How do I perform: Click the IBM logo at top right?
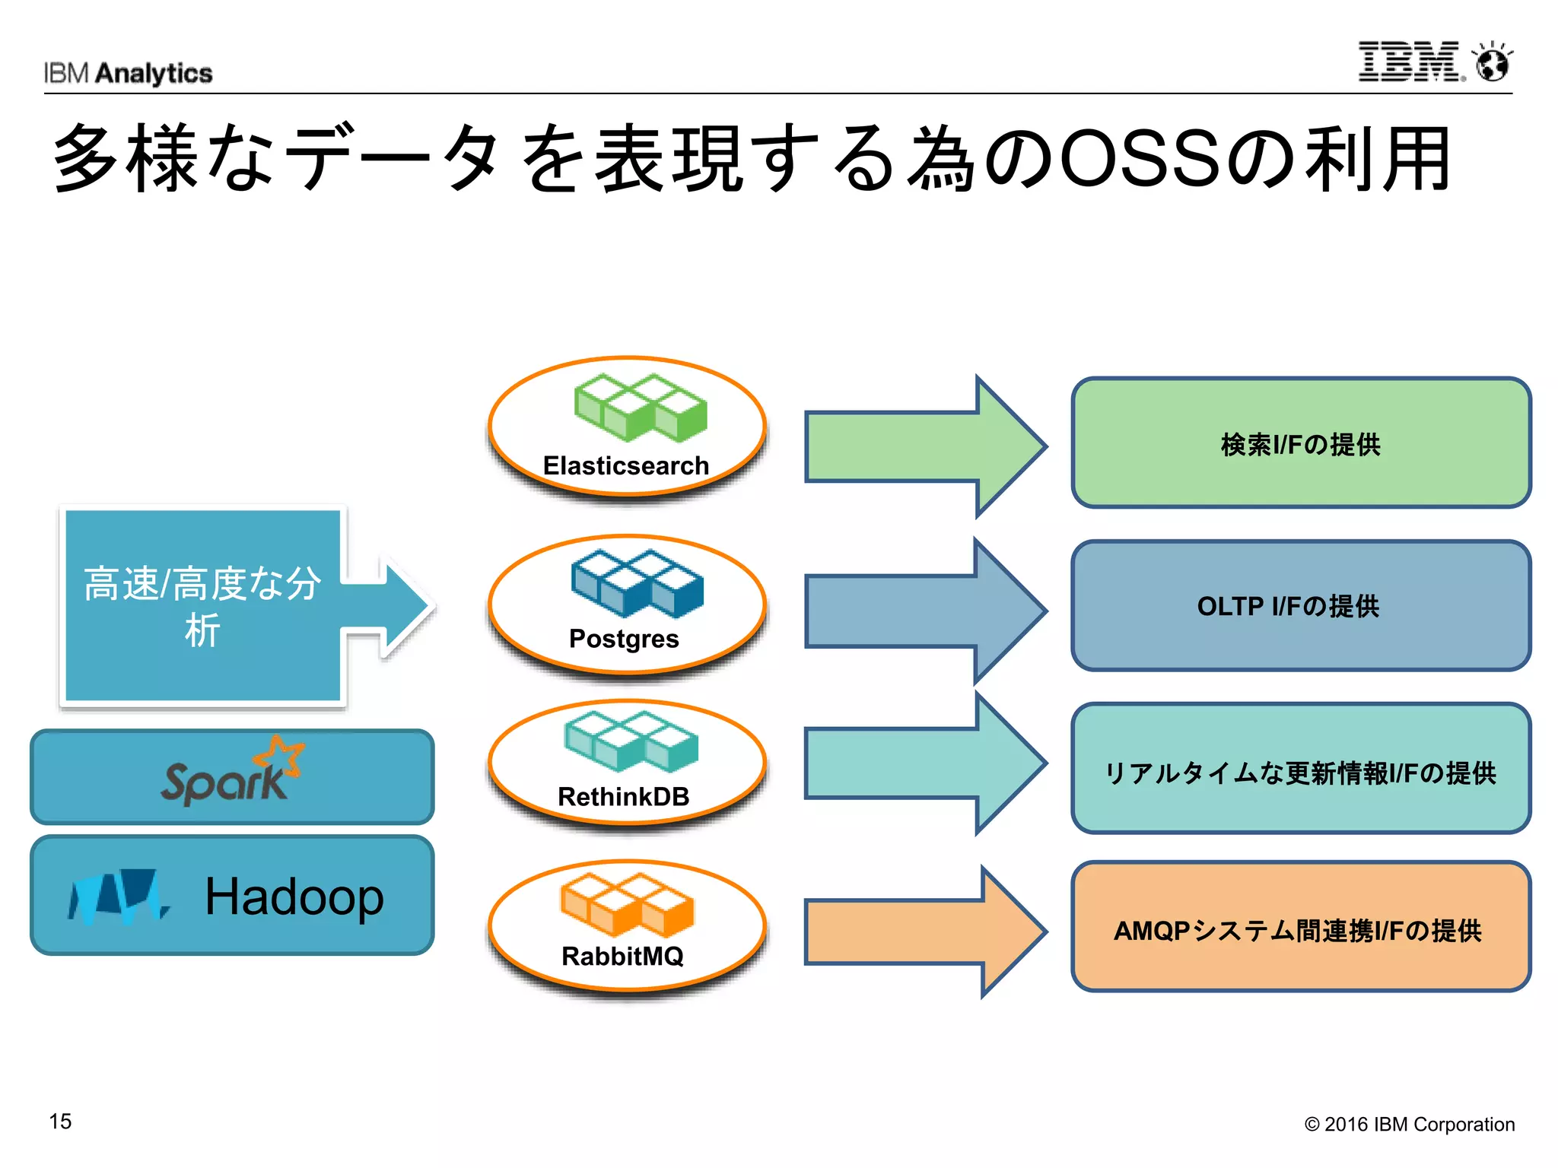[x=1409, y=62]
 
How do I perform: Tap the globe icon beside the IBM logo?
[x=1493, y=62]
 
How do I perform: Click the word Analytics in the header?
[x=154, y=74]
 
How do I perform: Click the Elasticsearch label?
[x=625, y=465]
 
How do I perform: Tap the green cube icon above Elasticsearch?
[x=640, y=408]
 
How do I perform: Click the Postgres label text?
[x=624, y=639]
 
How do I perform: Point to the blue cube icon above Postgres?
[x=638, y=582]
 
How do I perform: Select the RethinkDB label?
[x=623, y=796]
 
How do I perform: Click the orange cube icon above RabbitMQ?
[x=627, y=905]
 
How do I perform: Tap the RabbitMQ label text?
[x=622, y=956]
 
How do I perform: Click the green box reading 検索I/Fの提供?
[x=1300, y=443]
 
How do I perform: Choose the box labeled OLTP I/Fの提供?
[x=1300, y=606]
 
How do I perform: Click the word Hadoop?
[x=294, y=897]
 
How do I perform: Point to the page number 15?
[x=60, y=1121]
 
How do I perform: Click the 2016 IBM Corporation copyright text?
[x=1409, y=1124]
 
